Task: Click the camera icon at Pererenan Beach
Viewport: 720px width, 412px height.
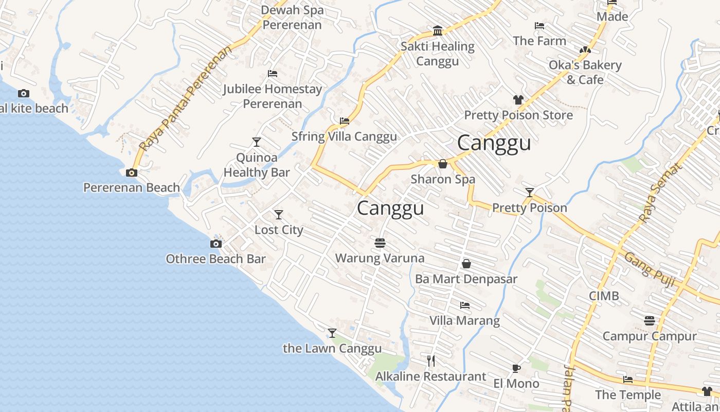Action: [132, 173]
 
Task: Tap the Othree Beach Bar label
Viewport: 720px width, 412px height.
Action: [215, 259]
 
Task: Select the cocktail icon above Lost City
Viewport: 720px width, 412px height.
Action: [279, 214]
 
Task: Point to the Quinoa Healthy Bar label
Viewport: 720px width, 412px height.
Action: [257, 165]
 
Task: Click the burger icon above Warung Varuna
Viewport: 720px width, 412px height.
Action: [380, 243]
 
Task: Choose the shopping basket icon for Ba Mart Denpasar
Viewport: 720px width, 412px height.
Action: [466, 264]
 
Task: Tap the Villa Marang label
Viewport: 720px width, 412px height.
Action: [464, 321]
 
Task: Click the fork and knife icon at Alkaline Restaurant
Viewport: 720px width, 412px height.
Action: [431, 361]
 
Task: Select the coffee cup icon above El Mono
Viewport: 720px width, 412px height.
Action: [516, 368]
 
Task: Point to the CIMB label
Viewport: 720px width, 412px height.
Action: [604, 296]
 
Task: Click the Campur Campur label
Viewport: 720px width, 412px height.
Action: [650, 336]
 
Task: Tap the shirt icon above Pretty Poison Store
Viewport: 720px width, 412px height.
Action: [518, 100]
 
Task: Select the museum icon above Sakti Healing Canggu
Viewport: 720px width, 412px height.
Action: [438, 31]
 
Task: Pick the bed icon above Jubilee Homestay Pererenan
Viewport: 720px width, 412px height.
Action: [273, 74]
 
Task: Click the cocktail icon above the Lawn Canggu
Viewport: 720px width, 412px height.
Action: [332, 333]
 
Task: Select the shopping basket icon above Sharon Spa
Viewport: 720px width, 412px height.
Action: [442, 164]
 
